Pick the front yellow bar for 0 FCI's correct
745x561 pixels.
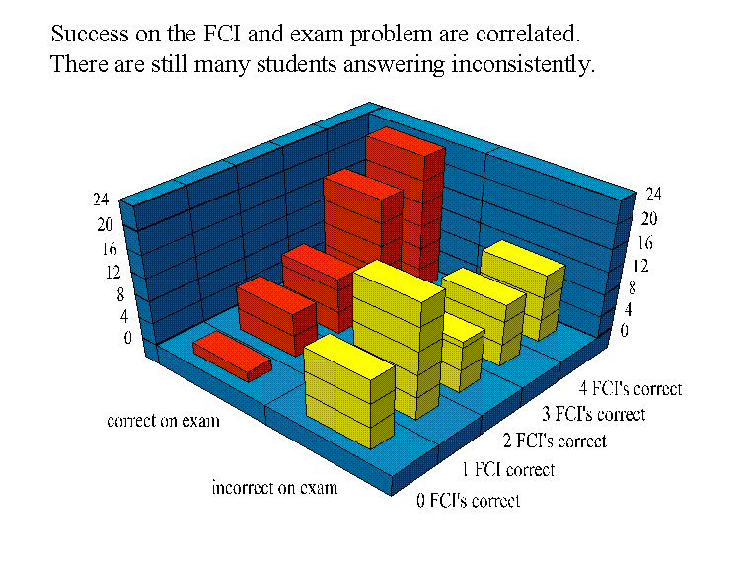coord(349,390)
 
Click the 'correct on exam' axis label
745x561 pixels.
coord(163,421)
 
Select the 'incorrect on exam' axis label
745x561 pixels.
coord(274,488)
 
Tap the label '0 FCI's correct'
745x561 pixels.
coord(468,501)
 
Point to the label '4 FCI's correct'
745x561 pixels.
coord(631,389)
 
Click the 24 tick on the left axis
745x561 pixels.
coord(101,199)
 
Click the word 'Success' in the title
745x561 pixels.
coord(84,34)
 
